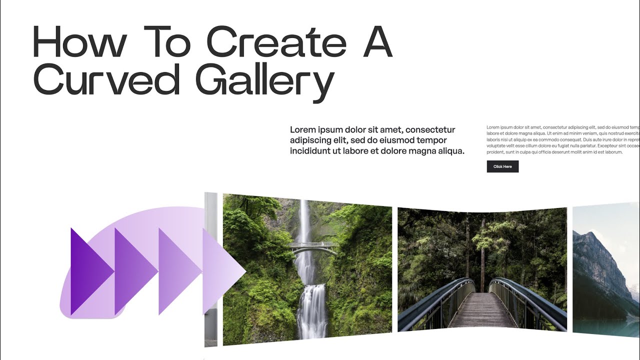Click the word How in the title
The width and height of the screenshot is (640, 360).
(x=79, y=42)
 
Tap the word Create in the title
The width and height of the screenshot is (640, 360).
(x=276, y=42)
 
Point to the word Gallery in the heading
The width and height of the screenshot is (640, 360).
(x=264, y=82)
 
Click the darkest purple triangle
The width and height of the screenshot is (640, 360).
(x=90, y=271)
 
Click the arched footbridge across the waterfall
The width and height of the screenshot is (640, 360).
(x=313, y=246)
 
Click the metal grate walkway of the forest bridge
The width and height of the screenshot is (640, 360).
(x=481, y=310)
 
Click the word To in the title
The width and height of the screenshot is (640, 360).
(x=167, y=42)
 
